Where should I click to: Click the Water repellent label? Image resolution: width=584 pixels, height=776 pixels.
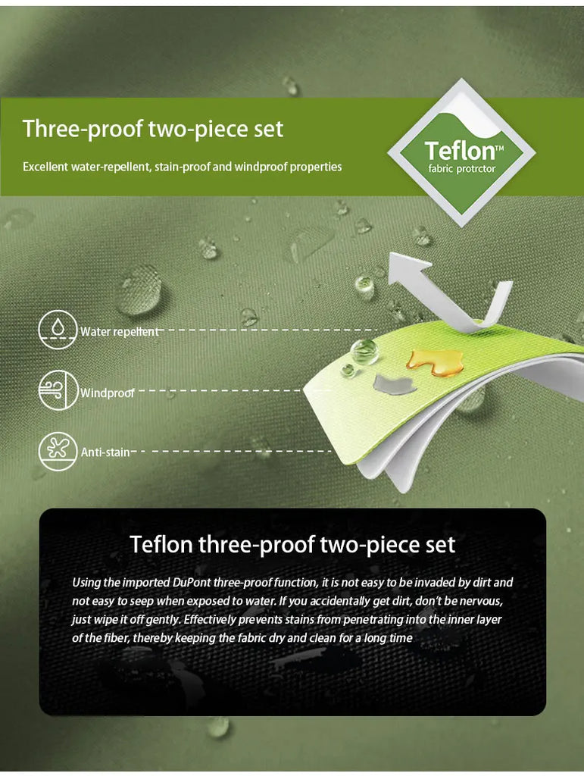(x=120, y=332)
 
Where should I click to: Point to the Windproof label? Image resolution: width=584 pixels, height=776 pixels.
(x=108, y=393)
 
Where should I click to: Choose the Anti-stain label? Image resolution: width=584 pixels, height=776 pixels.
(x=105, y=452)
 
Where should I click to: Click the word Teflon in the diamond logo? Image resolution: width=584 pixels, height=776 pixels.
(x=459, y=150)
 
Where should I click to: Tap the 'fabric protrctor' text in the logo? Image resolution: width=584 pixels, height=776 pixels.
(x=462, y=169)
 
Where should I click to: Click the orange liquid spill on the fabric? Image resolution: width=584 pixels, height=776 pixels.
(x=435, y=363)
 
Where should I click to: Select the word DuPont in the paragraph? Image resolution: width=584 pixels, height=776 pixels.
(x=192, y=582)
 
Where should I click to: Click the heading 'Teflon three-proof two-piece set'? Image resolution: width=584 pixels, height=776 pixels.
(x=292, y=544)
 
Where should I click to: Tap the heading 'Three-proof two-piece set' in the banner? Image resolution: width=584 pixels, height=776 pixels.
(x=153, y=129)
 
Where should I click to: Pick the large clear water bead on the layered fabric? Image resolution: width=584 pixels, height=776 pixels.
(x=364, y=352)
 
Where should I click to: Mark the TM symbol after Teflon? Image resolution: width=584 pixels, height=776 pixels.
(x=499, y=148)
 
